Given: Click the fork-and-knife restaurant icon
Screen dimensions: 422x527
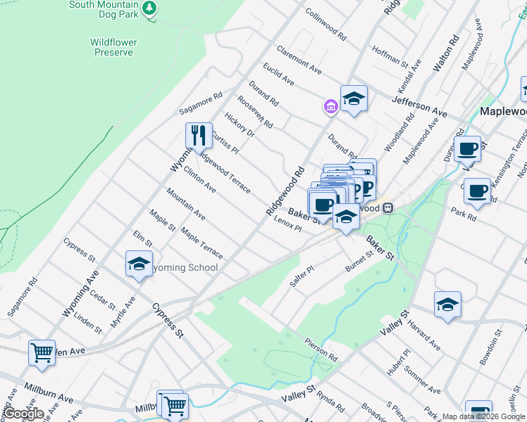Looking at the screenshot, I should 199,135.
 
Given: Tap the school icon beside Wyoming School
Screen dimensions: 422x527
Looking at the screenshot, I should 139,264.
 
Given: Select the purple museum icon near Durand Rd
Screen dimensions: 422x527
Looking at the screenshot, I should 330,106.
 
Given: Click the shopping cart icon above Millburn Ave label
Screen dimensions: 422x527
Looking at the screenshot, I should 42,352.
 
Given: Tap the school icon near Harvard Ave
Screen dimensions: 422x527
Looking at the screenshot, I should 447,304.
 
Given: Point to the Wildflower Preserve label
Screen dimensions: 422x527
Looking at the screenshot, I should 114,47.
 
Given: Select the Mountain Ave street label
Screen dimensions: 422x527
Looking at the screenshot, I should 186,204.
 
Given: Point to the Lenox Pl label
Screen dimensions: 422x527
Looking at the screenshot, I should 287,224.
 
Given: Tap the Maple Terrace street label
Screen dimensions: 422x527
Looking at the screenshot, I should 201,243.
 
